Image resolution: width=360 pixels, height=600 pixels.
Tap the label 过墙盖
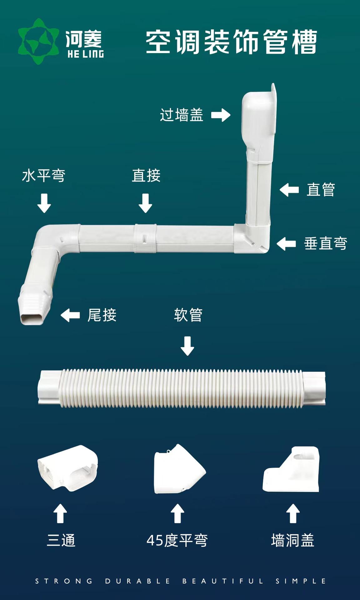click(182, 115)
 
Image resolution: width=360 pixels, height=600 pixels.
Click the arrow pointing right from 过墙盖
click(221, 115)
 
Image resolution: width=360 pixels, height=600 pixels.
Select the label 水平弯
click(43, 176)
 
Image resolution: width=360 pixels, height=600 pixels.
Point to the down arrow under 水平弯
click(44, 203)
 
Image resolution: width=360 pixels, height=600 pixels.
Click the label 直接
click(146, 176)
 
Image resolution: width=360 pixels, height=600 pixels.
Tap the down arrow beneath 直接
click(145, 203)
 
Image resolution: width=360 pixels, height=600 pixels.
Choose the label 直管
click(321, 190)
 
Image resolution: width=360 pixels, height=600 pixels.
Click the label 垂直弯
click(325, 243)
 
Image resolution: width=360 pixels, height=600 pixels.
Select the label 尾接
click(102, 315)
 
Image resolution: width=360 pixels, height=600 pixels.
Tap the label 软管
click(188, 315)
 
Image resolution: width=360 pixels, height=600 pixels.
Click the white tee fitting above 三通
click(67, 468)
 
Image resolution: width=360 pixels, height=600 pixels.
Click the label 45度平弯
click(177, 541)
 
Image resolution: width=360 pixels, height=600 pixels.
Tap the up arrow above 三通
click(60, 513)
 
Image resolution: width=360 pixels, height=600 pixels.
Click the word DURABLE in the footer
click(137, 581)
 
